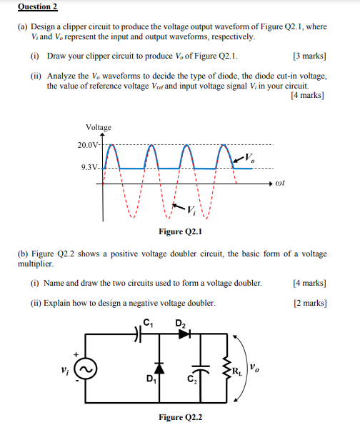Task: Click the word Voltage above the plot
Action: click(98, 127)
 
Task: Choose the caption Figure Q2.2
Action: click(181, 416)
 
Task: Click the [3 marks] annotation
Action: click(309, 55)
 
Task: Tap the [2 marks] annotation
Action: click(309, 303)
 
